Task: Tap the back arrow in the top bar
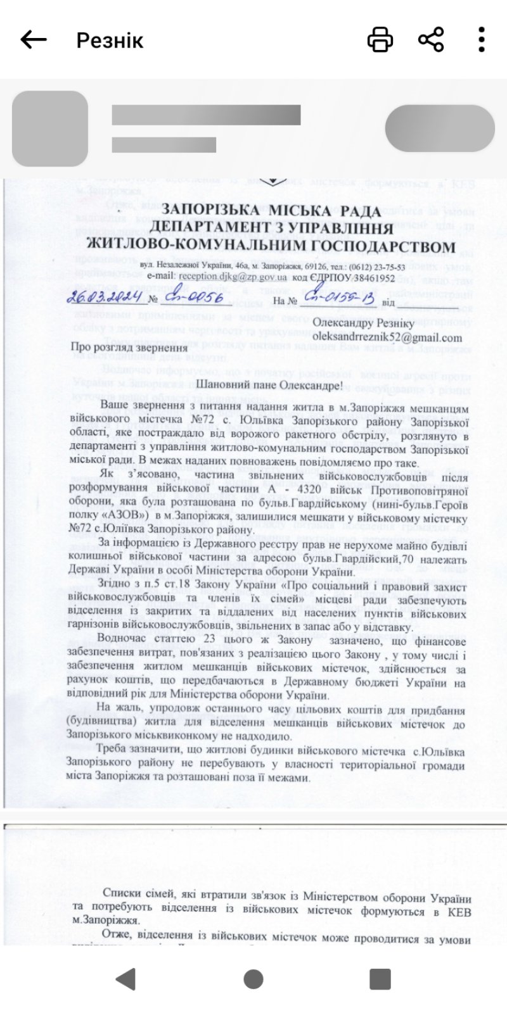34,39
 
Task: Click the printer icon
380,39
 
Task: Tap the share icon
431,39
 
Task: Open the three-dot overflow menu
482,39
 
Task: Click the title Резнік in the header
110,41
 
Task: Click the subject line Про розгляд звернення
128,348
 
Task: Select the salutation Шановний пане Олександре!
271,385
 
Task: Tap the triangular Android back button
126,979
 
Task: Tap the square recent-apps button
380,979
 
